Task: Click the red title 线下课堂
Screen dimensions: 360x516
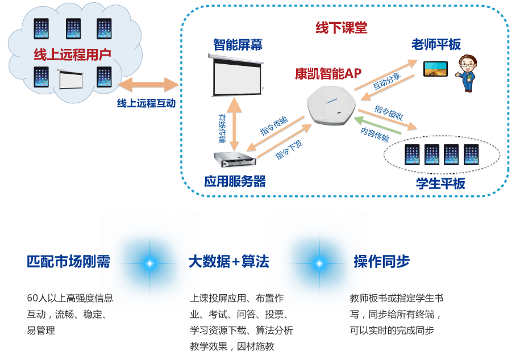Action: [341, 28]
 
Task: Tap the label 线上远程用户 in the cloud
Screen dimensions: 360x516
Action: [72, 55]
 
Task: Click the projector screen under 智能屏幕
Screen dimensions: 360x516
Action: [236, 76]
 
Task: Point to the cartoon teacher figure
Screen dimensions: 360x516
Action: [467, 73]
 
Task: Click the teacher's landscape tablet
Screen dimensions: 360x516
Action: [436, 69]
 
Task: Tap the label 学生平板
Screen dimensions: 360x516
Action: [440, 183]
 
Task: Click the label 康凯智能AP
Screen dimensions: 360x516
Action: [328, 73]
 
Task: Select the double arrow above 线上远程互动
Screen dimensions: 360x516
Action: [149, 85]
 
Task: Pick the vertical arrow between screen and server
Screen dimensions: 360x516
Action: [234, 123]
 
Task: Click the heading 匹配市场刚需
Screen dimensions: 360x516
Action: [68, 262]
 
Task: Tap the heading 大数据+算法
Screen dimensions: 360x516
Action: [229, 262]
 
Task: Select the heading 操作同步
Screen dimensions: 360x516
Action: [382, 262]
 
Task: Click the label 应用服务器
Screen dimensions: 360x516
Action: [235, 182]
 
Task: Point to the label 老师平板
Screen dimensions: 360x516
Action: [436, 44]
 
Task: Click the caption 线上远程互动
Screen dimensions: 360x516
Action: [146, 103]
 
